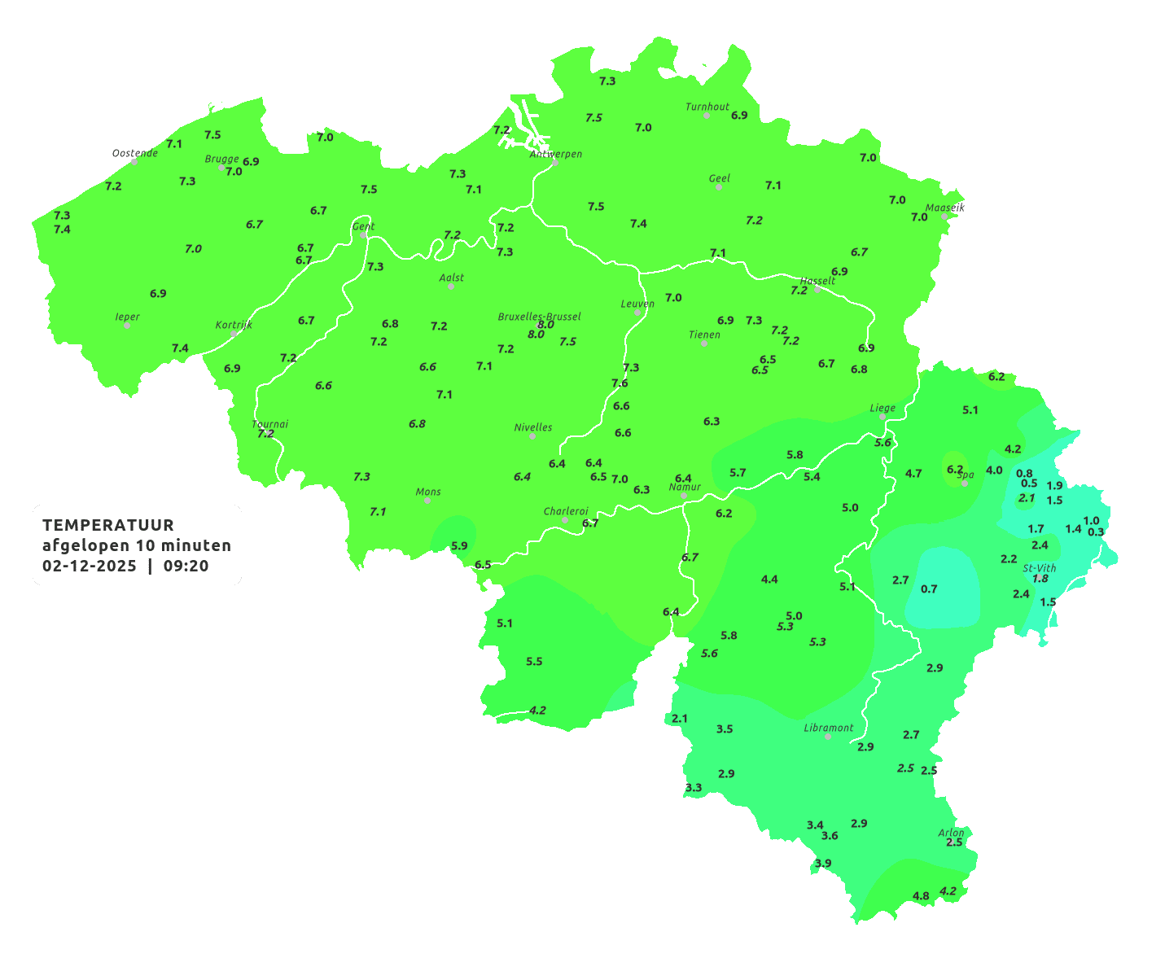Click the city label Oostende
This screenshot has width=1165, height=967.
pos(134,153)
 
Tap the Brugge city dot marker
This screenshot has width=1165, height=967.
pos(221,168)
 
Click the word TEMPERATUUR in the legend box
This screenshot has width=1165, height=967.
pos(107,525)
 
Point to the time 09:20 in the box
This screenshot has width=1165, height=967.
pos(186,566)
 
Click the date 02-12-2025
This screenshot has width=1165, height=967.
pos(89,566)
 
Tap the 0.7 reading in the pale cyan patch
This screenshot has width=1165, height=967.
pos(929,589)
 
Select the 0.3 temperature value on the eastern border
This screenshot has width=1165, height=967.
pos(1096,532)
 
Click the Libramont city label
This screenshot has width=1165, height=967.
pos(828,728)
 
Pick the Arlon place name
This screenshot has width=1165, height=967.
pos(950,833)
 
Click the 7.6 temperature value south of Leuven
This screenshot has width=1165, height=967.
pos(620,383)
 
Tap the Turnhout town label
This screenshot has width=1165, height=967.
pos(707,107)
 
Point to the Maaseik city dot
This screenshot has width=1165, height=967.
pos(944,217)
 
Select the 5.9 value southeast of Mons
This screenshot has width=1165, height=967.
pos(459,546)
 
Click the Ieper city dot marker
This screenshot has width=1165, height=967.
pos(126,326)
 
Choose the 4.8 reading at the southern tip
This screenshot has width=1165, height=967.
pos(921,896)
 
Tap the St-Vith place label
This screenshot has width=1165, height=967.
pos(1039,568)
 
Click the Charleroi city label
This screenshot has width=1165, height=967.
pos(565,511)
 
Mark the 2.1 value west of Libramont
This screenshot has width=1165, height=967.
pos(680,719)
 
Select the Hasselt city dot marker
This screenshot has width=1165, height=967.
pos(817,290)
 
